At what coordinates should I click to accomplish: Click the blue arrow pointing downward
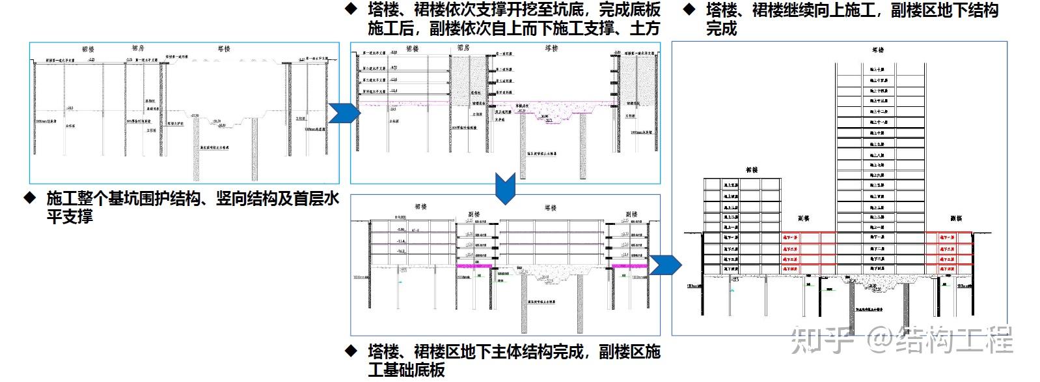505,188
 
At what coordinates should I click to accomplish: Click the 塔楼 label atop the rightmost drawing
877,50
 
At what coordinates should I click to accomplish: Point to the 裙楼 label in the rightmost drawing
752,169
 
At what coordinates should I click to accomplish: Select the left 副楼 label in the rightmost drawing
804,218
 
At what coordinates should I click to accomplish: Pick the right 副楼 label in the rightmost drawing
955,218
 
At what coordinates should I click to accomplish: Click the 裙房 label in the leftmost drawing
138,48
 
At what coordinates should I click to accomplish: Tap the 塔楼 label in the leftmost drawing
223,48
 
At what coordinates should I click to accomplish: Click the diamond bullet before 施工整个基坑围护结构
29,197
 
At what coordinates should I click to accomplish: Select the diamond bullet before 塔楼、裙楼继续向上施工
689,9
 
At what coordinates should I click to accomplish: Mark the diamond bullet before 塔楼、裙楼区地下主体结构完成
351,351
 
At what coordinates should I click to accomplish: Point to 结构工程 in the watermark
954,340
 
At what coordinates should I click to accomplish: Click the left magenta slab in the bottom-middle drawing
474,266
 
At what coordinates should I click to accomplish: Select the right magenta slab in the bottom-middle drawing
628,266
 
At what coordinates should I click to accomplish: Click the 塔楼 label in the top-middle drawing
552,48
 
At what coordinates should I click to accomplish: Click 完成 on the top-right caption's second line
722,28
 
